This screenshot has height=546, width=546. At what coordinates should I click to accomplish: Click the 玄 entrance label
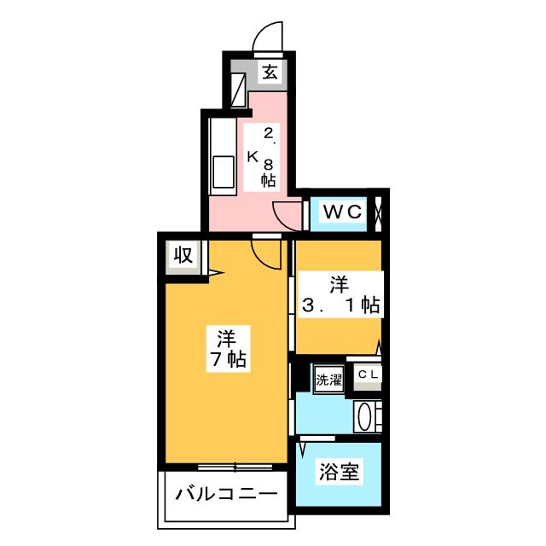point(270,73)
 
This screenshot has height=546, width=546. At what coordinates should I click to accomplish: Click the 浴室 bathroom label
point(340,470)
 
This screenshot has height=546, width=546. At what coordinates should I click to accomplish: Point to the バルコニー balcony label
point(226,495)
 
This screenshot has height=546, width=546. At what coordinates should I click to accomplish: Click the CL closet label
point(368,374)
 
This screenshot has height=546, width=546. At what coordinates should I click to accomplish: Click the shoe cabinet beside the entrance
point(237,88)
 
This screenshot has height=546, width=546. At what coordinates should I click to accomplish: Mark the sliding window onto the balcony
point(235,466)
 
